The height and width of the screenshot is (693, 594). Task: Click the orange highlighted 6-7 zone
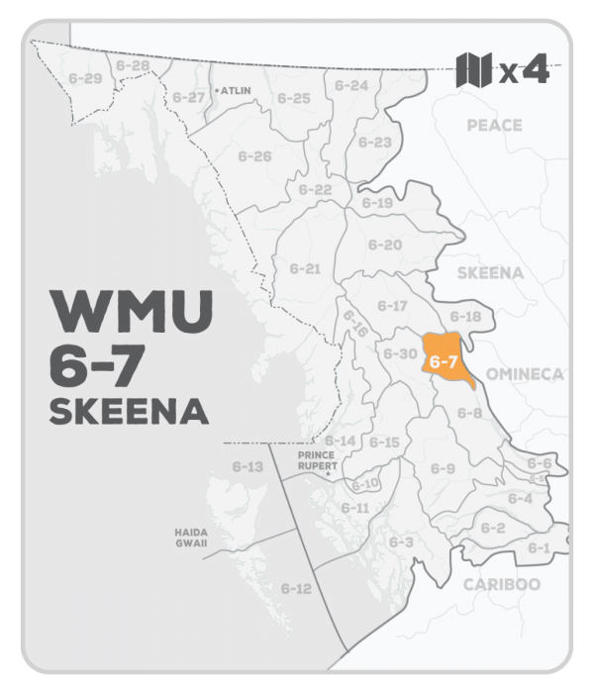click(x=443, y=360)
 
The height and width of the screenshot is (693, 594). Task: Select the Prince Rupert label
click(x=319, y=459)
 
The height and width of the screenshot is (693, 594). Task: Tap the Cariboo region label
click(x=501, y=584)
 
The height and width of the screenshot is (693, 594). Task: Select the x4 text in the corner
click(x=524, y=71)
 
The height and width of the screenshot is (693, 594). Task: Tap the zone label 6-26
click(x=254, y=156)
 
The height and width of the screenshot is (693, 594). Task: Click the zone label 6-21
click(x=305, y=268)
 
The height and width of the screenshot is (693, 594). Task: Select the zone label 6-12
click(x=295, y=589)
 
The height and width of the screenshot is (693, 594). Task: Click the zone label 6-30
click(x=400, y=353)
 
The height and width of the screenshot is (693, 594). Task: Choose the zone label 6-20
click(x=385, y=245)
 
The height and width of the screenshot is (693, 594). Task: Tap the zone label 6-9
click(x=443, y=467)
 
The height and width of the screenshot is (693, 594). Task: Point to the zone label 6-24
click(x=352, y=85)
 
